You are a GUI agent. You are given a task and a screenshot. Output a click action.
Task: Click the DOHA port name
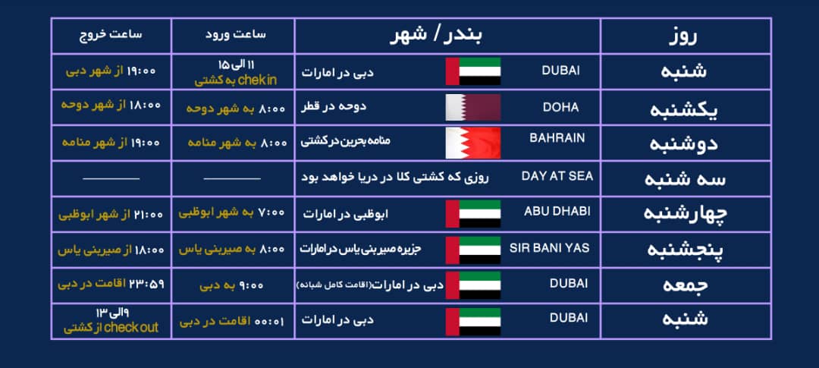(x=560, y=108)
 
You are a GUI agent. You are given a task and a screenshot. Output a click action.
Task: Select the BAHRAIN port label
(x=557, y=138)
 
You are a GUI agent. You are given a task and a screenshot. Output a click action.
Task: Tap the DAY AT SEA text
(x=557, y=176)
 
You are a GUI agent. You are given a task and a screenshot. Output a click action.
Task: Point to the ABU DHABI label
(x=557, y=211)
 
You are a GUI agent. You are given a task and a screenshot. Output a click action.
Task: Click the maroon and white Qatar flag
(x=473, y=108)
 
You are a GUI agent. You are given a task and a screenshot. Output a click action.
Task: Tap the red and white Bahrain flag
(x=473, y=143)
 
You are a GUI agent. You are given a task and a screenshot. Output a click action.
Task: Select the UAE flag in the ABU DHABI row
(x=473, y=214)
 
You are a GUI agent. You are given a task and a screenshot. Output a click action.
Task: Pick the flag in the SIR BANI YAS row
(x=473, y=250)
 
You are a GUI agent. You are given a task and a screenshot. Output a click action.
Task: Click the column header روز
(x=685, y=36)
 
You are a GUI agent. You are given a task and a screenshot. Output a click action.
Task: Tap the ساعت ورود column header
(x=232, y=35)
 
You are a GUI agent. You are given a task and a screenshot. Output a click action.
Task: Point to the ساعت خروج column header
(x=111, y=35)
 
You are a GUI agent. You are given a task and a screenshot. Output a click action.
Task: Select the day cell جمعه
(x=685, y=286)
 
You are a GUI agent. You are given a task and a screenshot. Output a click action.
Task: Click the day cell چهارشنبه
(x=685, y=214)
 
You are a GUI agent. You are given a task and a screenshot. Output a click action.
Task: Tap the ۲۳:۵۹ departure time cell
(x=111, y=285)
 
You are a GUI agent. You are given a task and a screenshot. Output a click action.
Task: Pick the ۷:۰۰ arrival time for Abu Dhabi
(x=232, y=213)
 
